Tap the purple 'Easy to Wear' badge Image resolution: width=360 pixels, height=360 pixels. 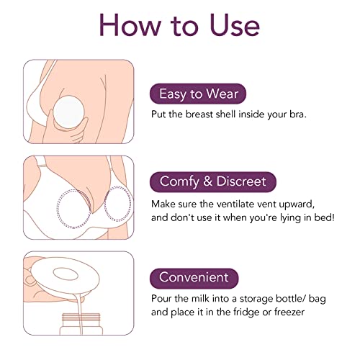(x=198, y=93)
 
